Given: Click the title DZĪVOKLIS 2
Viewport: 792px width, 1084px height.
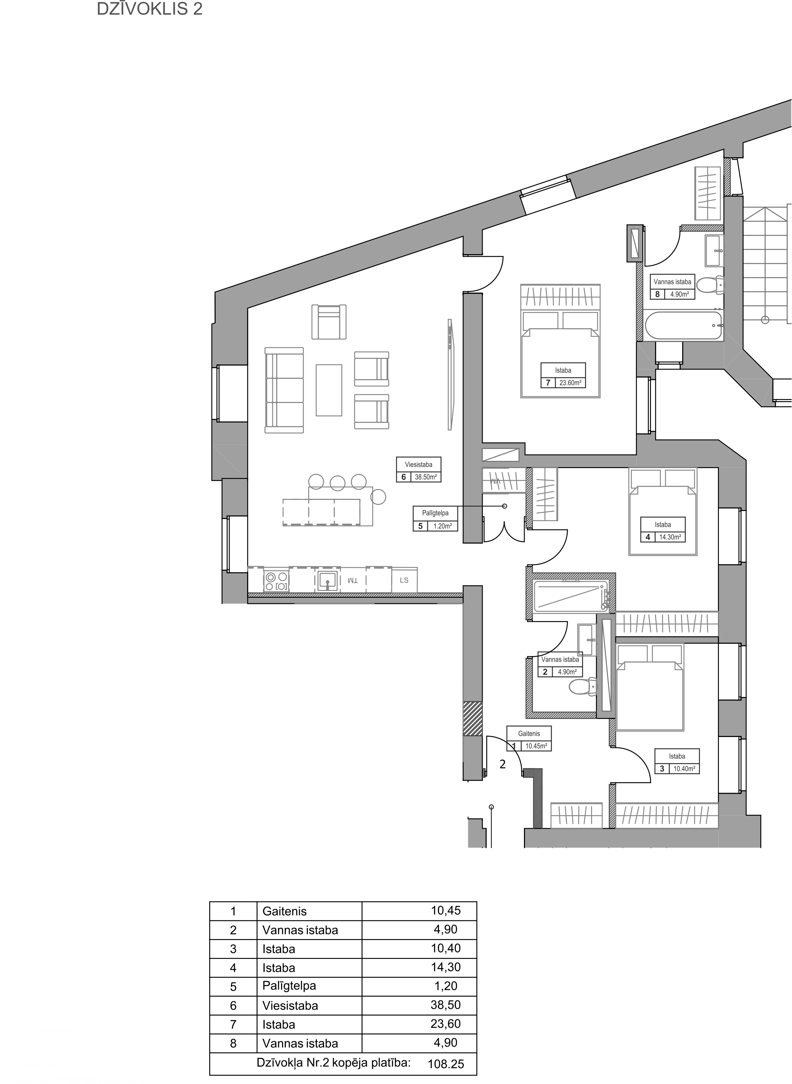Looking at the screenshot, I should tap(150, 9).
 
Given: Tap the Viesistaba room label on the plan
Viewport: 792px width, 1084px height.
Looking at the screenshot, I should tap(418, 464).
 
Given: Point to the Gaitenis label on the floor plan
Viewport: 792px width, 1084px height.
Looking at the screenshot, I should tap(529, 733).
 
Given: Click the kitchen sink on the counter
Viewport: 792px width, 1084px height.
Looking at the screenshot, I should tap(327, 580).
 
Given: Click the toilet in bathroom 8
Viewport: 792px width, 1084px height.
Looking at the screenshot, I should tap(710, 286).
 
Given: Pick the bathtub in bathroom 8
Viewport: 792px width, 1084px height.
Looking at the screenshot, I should tap(684, 326).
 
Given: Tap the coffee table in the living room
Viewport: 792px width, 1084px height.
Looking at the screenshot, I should tap(329, 390).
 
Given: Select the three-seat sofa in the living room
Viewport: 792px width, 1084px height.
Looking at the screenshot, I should tap(284, 390).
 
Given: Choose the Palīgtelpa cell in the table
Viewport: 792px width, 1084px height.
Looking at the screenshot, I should tap(289, 986).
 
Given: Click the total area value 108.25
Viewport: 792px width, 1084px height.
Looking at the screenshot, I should tap(445, 1064).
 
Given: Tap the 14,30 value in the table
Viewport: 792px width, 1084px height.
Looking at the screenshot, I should tap(445, 967).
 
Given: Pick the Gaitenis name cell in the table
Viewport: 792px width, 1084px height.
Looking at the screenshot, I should tap(284, 911).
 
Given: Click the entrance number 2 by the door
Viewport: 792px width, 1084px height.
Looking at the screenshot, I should tap(503, 764).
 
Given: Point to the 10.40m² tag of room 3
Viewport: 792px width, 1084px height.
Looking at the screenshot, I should tap(684, 768).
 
